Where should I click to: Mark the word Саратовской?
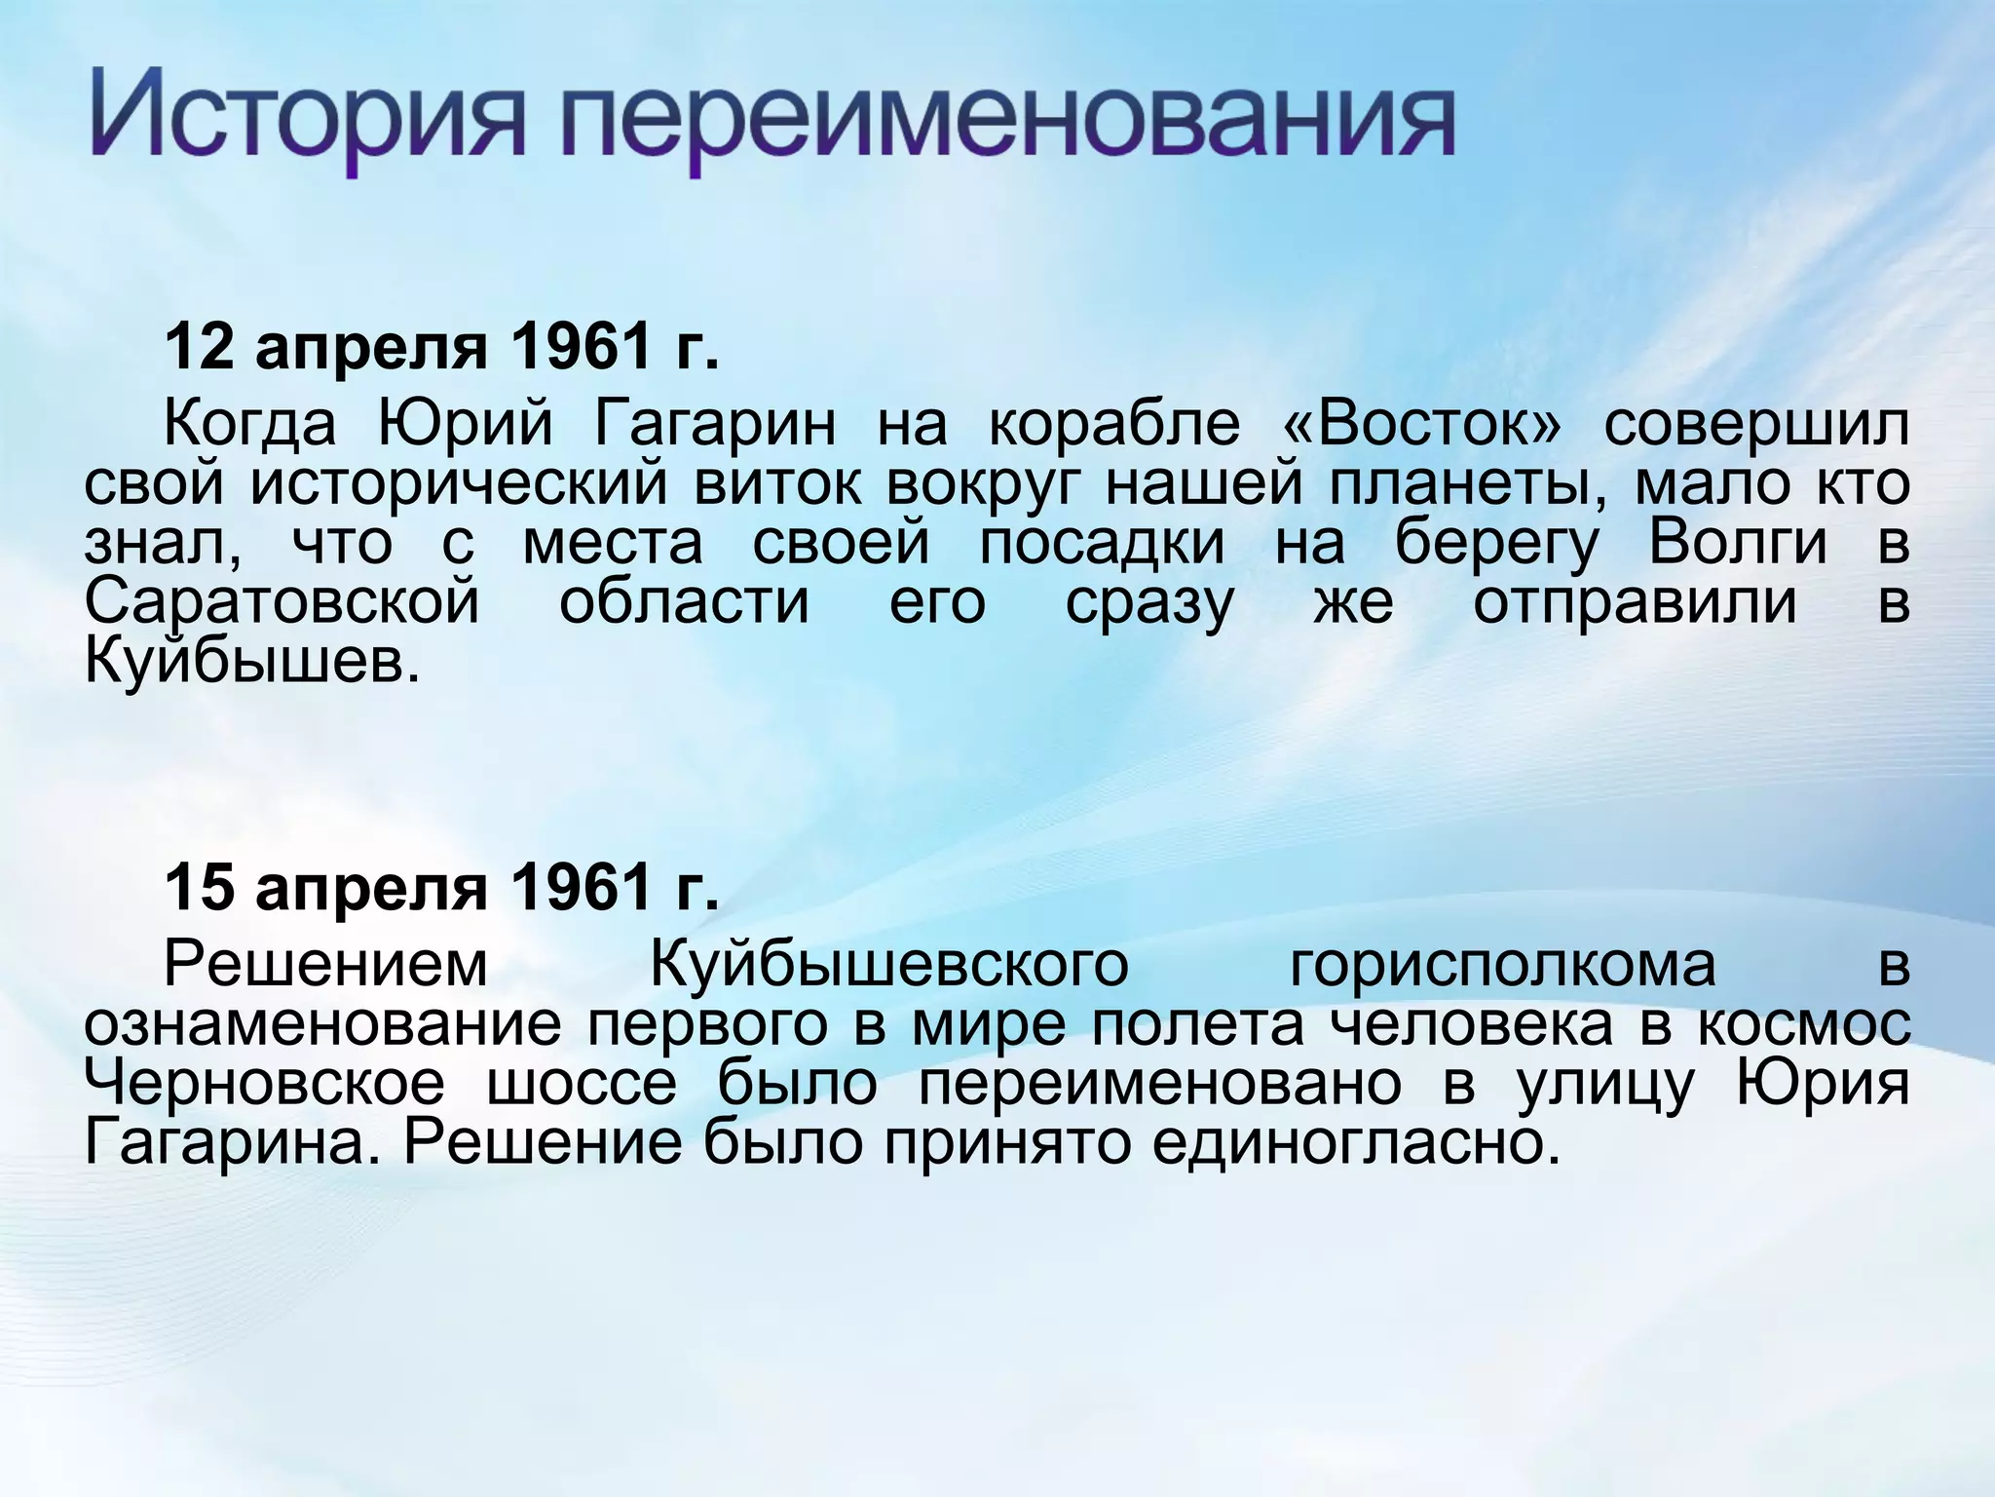[282, 602]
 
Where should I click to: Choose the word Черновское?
[264, 1084]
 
